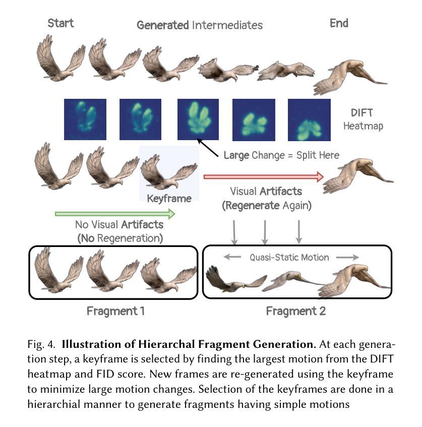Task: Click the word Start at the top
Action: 61,23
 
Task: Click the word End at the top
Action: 339,23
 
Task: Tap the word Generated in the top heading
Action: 163,25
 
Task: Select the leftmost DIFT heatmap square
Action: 85,119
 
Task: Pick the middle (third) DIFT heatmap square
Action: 198,119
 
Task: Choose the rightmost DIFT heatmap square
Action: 309,119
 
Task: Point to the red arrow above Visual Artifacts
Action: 263,176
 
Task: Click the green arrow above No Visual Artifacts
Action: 115,214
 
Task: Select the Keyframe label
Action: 169,199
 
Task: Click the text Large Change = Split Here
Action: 281,155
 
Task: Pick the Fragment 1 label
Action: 115,311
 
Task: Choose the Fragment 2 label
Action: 296,311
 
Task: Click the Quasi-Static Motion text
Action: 289,258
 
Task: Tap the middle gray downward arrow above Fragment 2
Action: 265,231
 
